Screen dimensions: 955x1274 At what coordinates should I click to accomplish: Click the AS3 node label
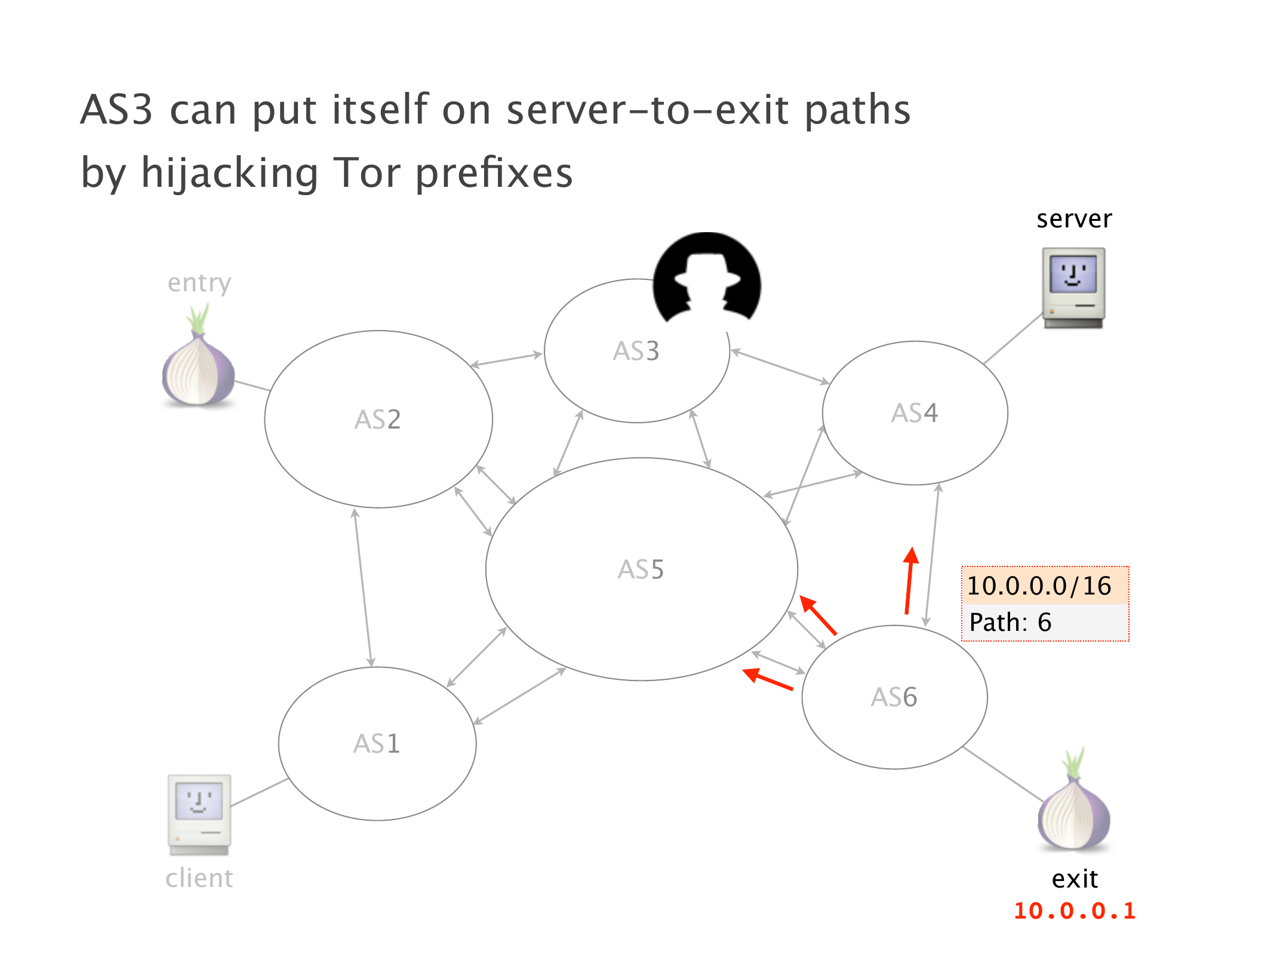pyautogui.click(x=636, y=351)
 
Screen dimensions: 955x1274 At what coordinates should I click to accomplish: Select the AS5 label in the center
pyautogui.click(x=641, y=569)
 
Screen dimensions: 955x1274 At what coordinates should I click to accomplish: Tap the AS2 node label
pyautogui.click(x=377, y=420)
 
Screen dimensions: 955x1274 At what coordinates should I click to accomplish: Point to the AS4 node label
pyautogui.click(x=914, y=413)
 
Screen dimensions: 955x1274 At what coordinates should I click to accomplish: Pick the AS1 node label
pyautogui.click(x=376, y=744)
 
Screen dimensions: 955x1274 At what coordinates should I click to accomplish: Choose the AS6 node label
pyautogui.click(x=894, y=697)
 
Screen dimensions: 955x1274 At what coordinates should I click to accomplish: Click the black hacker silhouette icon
pyautogui.click(x=707, y=278)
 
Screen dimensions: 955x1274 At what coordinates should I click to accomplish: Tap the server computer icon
pyautogui.click(x=1073, y=288)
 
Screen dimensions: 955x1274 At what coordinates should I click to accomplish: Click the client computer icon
pyautogui.click(x=199, y=814)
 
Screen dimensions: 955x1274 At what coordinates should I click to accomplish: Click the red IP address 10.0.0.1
pyautogui.click(x=1075, y=911)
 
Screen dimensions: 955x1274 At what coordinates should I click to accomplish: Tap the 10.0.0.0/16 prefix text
pyautogui.click(x=1039, y=586)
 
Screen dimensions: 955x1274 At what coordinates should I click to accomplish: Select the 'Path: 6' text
pyautogui.click(x=1010, y=623)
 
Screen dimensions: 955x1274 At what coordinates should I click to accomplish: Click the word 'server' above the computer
pyautogui.click(x=1074, y=219)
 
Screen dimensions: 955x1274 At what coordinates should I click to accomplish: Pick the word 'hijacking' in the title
pyautogui.click(x=229, y=173)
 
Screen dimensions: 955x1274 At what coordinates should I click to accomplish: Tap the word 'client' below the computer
pyautogui.click(x=199, y=879)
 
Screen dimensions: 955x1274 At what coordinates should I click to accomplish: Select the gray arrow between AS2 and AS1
pyautogui.click(x=363, y=588)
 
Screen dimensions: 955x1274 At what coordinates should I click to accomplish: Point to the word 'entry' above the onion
pyautogui.click(x=199, y=283)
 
